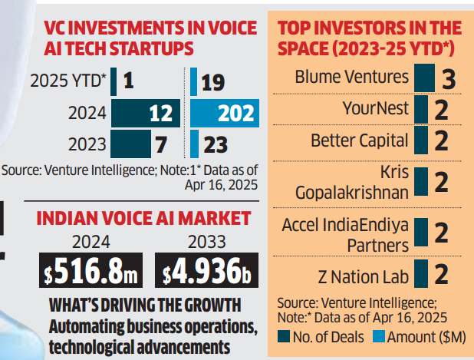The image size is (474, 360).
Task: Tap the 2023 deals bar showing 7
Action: click(x=130, y=144)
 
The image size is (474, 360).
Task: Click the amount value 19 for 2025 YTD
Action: click(x=212, y=81)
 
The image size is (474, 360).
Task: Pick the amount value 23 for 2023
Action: click(x=214, y=144)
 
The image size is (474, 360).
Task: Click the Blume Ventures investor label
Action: click(x=352, y=78)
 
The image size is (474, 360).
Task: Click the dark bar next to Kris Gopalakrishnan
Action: click(x=420, y=183)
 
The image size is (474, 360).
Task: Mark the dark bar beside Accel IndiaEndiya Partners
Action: click(x=420, y=233)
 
